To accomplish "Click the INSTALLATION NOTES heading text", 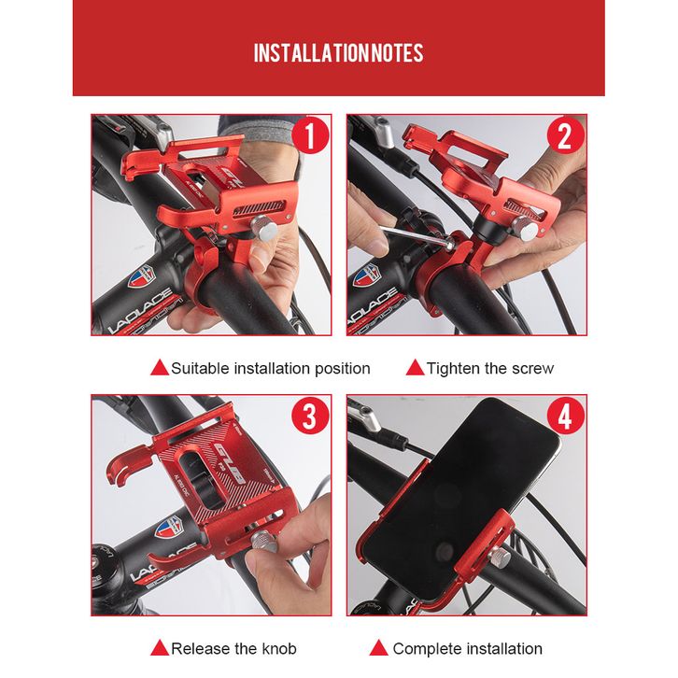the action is point(338,53).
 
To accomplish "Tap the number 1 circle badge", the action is point(309,135).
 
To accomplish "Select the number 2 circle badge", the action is point(565,135).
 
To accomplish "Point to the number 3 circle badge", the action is point(309,416).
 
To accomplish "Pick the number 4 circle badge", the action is point(565,416).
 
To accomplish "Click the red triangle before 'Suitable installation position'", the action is point(159,368).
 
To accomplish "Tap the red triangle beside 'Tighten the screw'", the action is point(415,368).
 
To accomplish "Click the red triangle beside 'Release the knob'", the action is point(159,648).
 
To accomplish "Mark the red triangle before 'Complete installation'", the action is point(379,648).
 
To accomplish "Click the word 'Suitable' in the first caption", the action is point(200,368).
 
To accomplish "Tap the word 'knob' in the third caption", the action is point(279,649).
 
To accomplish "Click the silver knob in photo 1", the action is point(263,229).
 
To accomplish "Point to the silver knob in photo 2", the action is point(525,228).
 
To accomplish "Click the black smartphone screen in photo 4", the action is point(461,497).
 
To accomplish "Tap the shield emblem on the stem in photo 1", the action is point(142,276).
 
